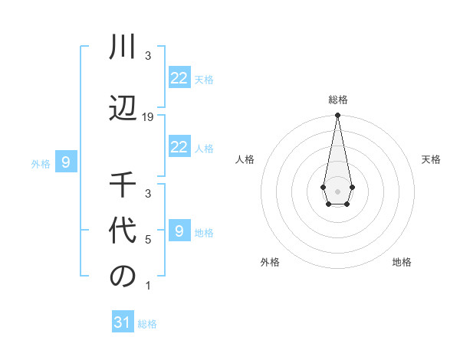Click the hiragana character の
(x=123, y=277)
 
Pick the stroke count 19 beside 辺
(x=148, y=116)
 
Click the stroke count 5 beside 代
(x=148, y=240)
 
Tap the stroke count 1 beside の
(x=148, y=286)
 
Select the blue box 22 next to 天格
(x=179, y=78)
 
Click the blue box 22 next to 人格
(x=179, y=147)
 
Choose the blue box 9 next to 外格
(x=66, y=162)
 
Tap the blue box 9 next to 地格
(x=179, y=231)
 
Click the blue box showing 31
(x=122, y=322)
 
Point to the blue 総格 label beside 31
(x=147, y=324)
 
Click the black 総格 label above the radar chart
(x=337, y=100)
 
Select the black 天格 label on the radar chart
(x=432, y=159)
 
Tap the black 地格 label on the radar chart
(x=402, y=263)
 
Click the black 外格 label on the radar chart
(x=270, y=263)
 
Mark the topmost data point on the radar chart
(x=337, y=116)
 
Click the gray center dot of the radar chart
(x=337, y=190)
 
